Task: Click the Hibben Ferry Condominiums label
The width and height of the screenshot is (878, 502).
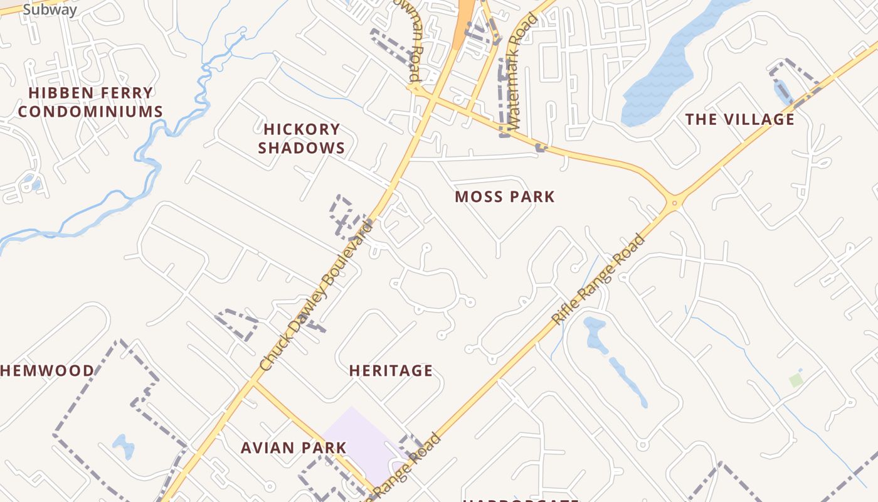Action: click(x=90, y=102)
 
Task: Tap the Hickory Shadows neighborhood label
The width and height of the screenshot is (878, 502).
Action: click(x=301, y=139)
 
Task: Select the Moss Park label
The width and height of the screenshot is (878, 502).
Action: click(x=505, y=197)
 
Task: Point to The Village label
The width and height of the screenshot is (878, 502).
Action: click(x=739, y=119)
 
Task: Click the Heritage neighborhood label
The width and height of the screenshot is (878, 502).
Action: click(x=391, y=371)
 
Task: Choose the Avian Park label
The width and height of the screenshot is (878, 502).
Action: click(x=294, y=448)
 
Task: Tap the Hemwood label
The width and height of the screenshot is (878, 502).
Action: click(x=47, y=371)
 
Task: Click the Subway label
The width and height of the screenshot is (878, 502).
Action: click(x=50, y=10)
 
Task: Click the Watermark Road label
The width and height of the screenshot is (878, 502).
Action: click(x=523, y=72)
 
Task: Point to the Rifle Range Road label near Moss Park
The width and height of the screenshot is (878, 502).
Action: click(x=598, y=280)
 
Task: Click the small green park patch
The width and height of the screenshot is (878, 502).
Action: click(x=796, y=380)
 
